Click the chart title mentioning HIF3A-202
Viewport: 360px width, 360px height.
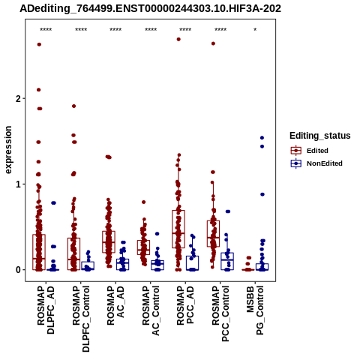(150, 8)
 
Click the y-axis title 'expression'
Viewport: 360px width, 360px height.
(8, 150)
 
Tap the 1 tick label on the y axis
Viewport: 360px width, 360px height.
(18, 184)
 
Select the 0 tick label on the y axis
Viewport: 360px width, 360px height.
(18, 270)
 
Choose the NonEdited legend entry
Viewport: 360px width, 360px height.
(316, 163)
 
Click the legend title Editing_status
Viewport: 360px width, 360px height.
(320, 136)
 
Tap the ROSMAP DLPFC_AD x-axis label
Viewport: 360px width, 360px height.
(46, 310)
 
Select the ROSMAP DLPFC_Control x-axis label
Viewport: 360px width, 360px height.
(81, 319)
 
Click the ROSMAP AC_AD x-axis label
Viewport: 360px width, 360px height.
(115, 305)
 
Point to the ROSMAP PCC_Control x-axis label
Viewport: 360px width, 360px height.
(220, 313)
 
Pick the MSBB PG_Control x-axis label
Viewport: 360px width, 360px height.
(255, 310)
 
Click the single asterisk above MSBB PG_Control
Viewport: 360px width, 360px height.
(255, 30)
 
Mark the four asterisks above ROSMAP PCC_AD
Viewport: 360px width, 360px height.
(185, 30)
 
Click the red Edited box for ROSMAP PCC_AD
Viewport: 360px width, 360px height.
(178, 229)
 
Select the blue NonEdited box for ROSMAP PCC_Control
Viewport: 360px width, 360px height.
(227, 261)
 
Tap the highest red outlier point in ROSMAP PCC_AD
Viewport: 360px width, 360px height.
(178, 39)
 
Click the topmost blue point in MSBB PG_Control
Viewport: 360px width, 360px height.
(262, 138)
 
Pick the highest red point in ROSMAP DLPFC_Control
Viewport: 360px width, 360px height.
(73, 106)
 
